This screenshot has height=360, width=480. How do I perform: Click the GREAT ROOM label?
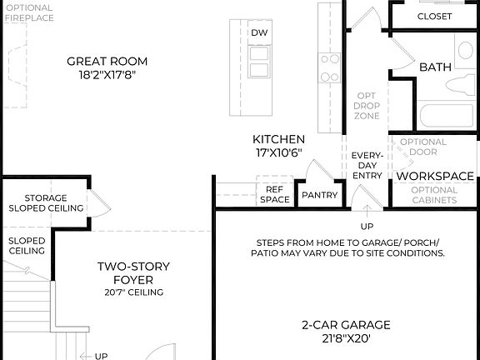(107, 61)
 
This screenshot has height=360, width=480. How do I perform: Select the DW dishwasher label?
(259, 32)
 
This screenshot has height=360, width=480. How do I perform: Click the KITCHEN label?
(278, 139)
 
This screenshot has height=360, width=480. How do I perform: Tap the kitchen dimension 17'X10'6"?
(278, 152)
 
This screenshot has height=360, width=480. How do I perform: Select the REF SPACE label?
(274, 194)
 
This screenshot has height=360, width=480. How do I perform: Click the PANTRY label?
(319, 196)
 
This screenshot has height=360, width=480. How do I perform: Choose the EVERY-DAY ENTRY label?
(367, 165)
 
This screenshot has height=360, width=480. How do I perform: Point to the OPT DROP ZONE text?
(367, 105)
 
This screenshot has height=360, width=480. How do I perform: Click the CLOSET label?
(434, 16)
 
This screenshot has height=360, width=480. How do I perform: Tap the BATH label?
(435, 67)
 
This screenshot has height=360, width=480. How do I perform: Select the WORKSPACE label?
(434, 177)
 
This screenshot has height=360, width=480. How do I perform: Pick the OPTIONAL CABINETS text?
(434, 195)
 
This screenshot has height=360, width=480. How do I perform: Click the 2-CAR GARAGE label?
(346, 325)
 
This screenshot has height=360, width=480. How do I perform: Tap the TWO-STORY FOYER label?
(133, 272)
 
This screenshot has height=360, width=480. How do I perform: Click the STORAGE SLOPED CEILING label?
(45, 203)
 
